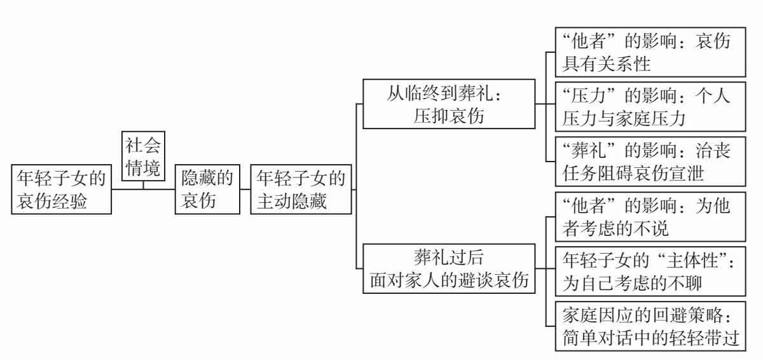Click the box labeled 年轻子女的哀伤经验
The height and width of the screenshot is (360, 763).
[62, 189]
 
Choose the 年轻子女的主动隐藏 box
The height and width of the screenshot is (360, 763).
[301, 189]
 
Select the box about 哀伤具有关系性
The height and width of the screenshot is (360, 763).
[648, 52]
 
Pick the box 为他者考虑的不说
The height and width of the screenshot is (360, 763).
[648, 216]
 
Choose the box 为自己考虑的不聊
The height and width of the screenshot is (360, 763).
[648, 270]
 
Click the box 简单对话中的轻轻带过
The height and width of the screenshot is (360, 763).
[648, 326]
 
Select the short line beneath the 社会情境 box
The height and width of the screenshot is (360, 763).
[142, 185]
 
